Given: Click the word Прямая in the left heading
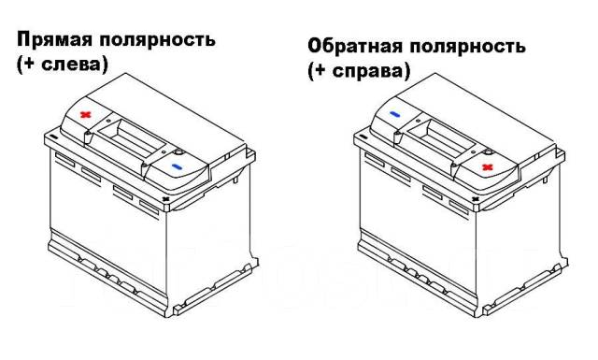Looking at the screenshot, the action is pos(54,39).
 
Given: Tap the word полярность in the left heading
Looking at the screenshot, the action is pos(158,39).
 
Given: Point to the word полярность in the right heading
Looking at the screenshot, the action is pos(467,47).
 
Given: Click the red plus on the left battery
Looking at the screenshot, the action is pos(86,114).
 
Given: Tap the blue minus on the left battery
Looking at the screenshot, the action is pos(177,166).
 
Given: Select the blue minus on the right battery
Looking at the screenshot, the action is pos(394,114).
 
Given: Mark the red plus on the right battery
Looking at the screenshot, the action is pos(487,166).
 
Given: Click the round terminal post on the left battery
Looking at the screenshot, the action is pos(178,152).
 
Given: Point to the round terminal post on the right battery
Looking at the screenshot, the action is pos(489,152).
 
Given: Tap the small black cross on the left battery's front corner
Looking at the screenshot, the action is pos(165,199).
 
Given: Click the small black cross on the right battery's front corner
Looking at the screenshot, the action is pos(476,199).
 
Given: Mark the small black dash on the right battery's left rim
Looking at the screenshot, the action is pos(363,137).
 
